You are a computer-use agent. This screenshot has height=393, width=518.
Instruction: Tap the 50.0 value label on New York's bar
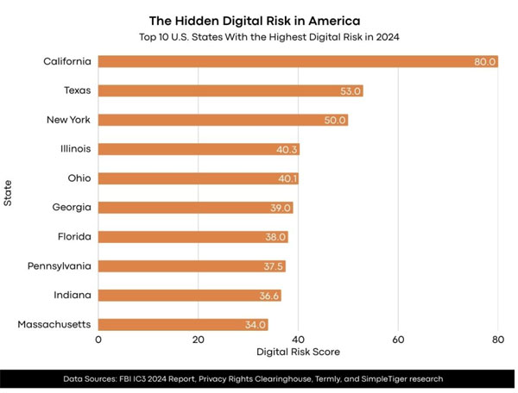coord(335,120)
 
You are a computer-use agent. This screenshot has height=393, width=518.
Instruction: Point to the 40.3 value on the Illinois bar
coord(287,150)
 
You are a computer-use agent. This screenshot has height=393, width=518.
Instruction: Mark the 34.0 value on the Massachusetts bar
coord(256,325)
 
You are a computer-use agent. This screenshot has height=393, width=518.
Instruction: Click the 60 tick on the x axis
coord(398,340)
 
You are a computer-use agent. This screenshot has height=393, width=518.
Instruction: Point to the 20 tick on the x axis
coord(198,340)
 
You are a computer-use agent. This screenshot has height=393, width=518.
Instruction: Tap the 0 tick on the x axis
coord(98,340)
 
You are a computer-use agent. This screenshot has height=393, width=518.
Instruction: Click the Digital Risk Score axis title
coord(298,352)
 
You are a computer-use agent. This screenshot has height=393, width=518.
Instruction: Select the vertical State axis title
coord(8,192)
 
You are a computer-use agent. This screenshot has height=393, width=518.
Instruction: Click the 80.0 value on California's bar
coord(485,61)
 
